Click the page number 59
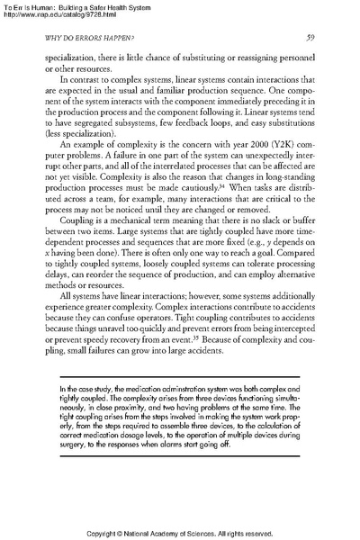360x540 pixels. click(309, 38)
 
